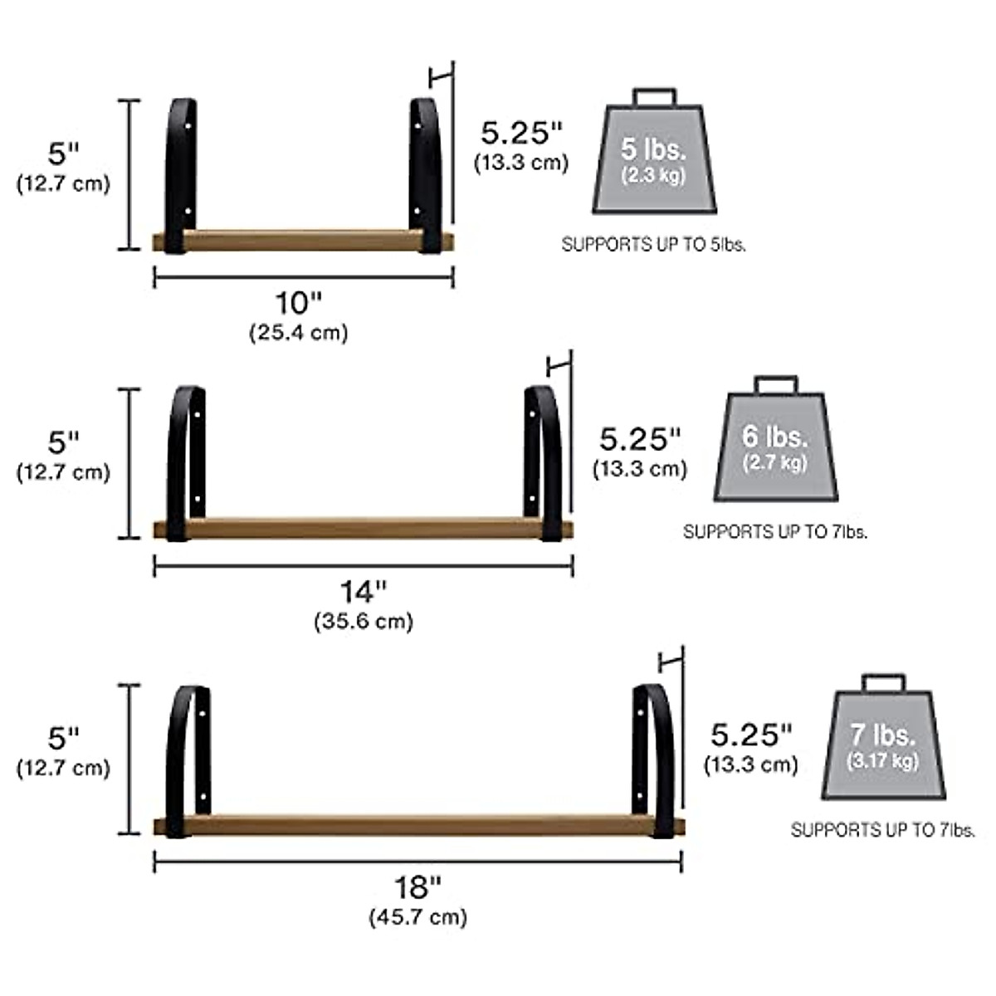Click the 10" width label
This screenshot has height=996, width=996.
point(298,303)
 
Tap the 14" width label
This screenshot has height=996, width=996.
point(364,591)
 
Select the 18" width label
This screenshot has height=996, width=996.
point(417,888)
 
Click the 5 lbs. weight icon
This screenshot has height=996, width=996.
point(654,151)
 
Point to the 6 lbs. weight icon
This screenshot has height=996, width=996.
point(776,438)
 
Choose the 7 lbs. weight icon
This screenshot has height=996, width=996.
point(884,737)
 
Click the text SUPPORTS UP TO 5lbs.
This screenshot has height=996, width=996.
point(654,245)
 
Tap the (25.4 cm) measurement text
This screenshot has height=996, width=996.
point(299,332)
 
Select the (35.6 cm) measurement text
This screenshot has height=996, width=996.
point(364,621)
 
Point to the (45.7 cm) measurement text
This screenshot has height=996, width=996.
point(417,917)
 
